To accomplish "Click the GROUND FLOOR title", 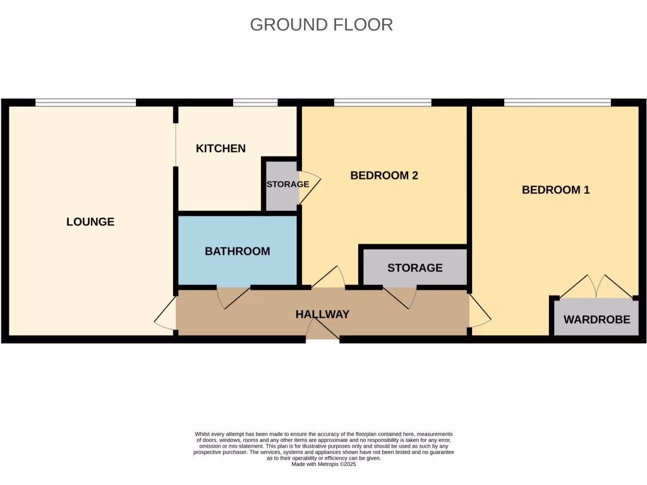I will (x=321, y=25).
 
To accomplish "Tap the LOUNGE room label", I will (x=90, y=222).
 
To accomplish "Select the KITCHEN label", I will (x=221, y=148).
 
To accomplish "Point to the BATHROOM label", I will (x=237, y=251).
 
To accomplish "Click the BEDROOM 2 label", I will (x=384, y=176).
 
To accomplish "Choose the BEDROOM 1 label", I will (x=555, y=189).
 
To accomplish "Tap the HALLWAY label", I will (x=322, y=314).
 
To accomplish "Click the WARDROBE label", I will (x=596, y=320).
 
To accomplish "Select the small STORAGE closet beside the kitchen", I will (x=281, y=184).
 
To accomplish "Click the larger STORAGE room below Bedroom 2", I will (x=414, y=268).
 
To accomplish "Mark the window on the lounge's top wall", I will (x=85, y=102).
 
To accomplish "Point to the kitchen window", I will (x=255, y=102).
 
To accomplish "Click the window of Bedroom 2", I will (x=382, y=102).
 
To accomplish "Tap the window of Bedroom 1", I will (x=557, y=102).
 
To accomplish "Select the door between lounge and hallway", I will (x=165, y=313).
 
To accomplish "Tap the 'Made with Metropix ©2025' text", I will (x=323, y=464).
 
